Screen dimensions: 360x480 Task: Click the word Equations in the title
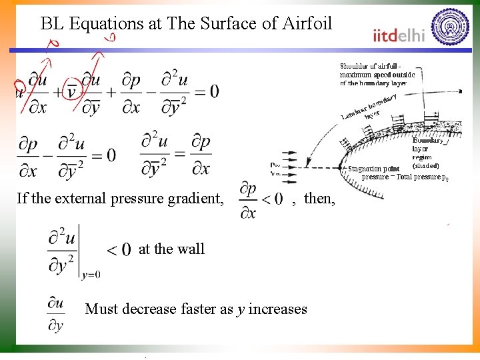pos(107,25)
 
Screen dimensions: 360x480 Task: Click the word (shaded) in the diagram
pos(425,165)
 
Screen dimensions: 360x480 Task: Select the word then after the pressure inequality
pos(320,199)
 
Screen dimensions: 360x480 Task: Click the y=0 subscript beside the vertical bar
pos(91,274)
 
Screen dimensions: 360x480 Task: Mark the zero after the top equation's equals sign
pos(213,91)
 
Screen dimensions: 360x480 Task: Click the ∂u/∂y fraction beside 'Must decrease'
pos(57,314)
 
